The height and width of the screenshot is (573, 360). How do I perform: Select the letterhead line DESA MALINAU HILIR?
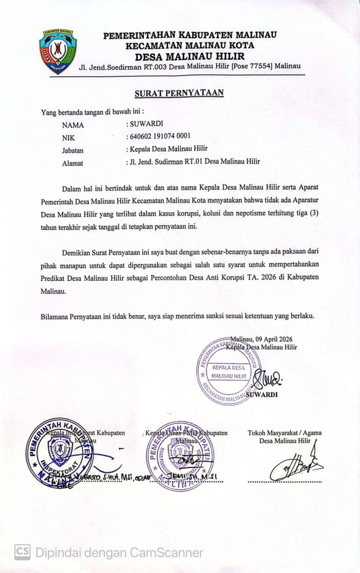189,56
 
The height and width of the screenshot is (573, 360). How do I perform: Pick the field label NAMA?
73,123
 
